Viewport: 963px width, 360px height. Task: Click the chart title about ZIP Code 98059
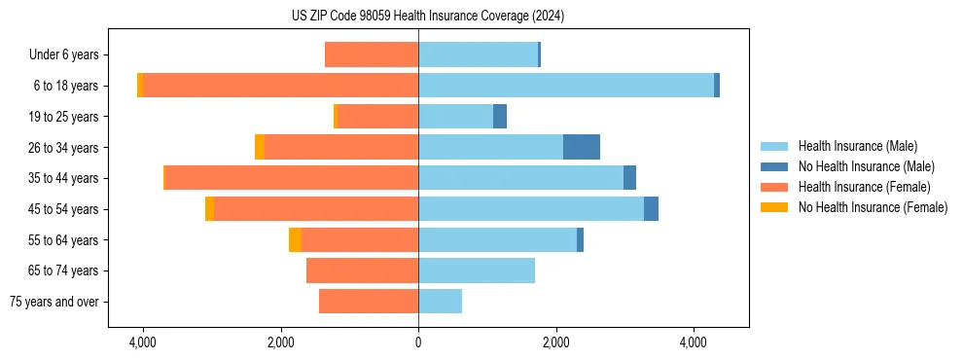(427, 17)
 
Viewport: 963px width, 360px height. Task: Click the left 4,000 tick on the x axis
(143, 342)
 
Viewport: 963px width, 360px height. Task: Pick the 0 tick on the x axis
(418, 342)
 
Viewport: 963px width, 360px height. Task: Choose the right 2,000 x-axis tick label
(556, 342)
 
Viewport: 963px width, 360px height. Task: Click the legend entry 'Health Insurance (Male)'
(857, 146)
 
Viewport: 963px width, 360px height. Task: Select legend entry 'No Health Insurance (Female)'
(873, 207)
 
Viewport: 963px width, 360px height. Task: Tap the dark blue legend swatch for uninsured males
(774, 166)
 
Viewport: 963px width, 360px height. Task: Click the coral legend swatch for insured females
(774, 187)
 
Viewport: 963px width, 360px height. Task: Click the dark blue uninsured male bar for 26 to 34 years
(582, 147)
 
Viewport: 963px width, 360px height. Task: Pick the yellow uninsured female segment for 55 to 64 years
(295, 239)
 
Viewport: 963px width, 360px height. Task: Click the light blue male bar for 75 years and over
(440, 302)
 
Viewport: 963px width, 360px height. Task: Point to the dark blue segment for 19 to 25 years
(500, 117)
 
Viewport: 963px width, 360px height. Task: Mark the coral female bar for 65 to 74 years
(362, 270)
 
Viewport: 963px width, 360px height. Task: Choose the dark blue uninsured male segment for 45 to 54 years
(651, 209)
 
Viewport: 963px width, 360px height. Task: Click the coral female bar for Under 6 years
(372, 54)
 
